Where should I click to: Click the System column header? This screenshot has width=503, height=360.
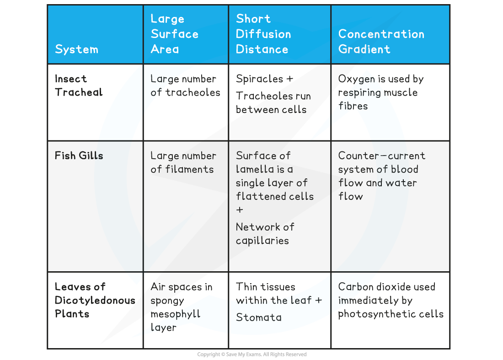pyautogui.click(x=76, y=49)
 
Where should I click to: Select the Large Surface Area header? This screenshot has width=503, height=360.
pyautogui.click(x=174, y=34)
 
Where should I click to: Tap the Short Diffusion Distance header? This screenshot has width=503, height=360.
pyautogui.click(x=263, y=34)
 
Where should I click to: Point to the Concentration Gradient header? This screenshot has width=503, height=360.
pyautogui.click(x=381, y=42)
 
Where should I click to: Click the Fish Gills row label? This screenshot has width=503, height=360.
pyautogui.click(x=79, y=156)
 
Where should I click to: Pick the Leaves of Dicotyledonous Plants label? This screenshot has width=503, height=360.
pyautogui.click(x=95, y=300)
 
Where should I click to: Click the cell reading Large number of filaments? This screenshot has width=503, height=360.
pyautogui.click(x=183, y=162)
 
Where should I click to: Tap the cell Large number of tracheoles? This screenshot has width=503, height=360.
pyautogui.click(x=185, y=86)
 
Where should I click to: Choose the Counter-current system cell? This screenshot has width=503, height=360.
pyautogui.click(x=381, y=176)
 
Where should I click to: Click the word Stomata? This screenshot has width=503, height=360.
pyautogui.click(x=259, y=317)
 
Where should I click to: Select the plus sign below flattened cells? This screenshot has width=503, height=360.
pyautogui.click(x=240, y=210)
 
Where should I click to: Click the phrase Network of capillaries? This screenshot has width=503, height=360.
pyautogui.click(x=265, y=234)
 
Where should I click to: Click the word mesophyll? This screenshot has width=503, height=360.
pyautogui.click(x=176, y=314)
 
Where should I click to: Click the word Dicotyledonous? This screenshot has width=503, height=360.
pyautogui.click(x=95, y=301)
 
